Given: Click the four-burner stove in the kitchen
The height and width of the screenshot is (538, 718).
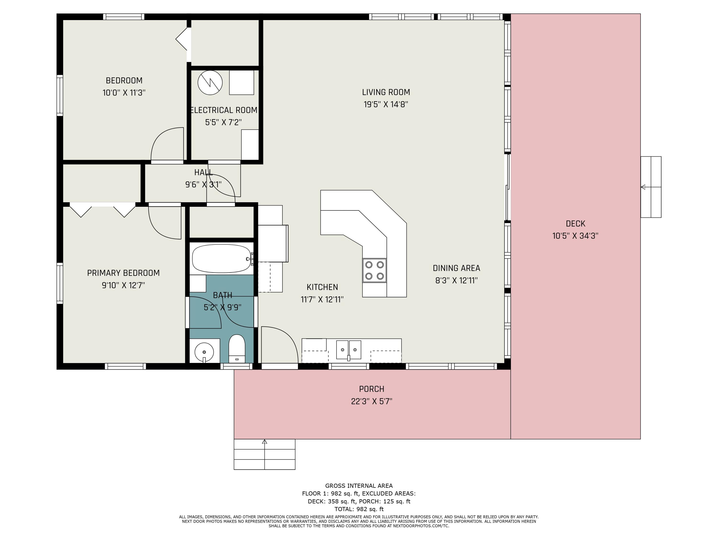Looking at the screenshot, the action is [x=375, y=270].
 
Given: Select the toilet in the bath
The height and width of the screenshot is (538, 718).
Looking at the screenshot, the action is [x=237, y=349].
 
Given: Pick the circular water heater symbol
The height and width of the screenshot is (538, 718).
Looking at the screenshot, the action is [x=210, y=83].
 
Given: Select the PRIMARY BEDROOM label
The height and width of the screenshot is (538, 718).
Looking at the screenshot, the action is [x=123, y=273].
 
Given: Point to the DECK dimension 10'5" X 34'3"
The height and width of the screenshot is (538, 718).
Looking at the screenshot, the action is [x=575, y=236].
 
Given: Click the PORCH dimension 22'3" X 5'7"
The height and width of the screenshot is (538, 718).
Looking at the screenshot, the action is [x=372, y=401].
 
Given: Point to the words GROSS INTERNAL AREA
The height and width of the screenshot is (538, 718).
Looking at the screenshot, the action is [x=359, y=486].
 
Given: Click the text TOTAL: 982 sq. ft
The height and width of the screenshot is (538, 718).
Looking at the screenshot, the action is [x=359, y=509].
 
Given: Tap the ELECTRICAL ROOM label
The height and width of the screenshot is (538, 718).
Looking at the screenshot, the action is [x=224, y=110].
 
